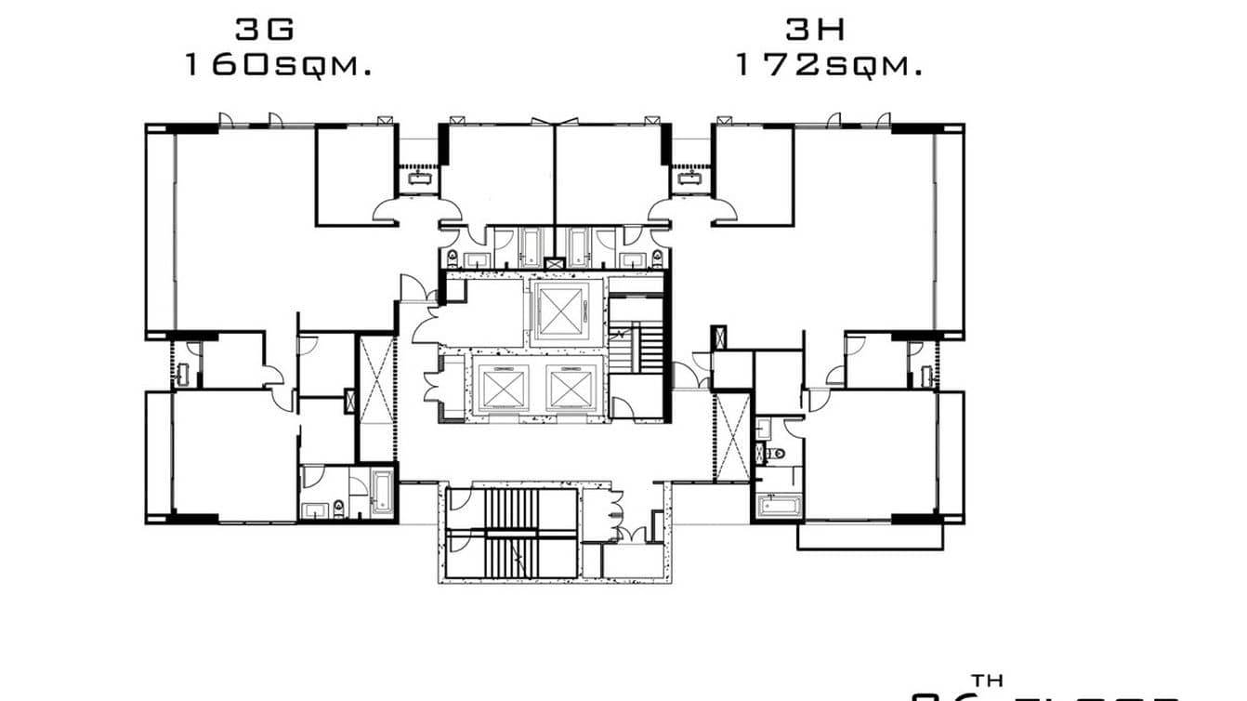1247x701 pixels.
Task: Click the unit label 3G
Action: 265,30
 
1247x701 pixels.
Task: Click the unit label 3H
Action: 816,30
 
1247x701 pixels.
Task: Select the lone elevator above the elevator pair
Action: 559,312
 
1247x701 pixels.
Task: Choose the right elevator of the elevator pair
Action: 570,386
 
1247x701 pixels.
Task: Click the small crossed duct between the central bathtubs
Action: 555,264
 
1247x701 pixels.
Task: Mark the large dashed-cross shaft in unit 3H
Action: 732,436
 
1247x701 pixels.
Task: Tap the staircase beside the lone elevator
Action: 648,344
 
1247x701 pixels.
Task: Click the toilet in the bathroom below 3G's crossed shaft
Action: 339,507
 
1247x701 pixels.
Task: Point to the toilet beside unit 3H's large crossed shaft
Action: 776,454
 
